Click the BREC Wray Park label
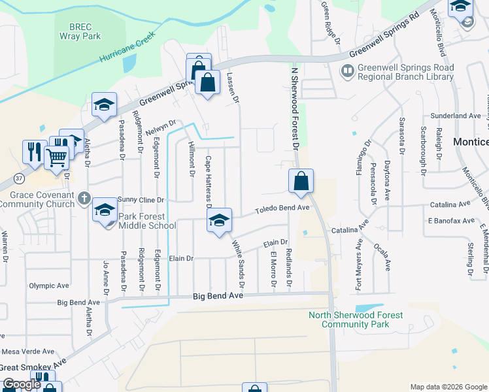(85, 31)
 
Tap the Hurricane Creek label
(127, 47)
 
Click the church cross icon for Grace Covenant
(83, 198)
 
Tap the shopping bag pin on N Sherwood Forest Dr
(301, 182)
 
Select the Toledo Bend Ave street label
(281, 208)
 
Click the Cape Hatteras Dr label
(209, 179)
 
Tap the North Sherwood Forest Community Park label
(356, 319)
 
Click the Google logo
(22, 384)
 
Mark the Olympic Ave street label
(49, 286)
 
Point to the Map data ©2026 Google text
(448, 387)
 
